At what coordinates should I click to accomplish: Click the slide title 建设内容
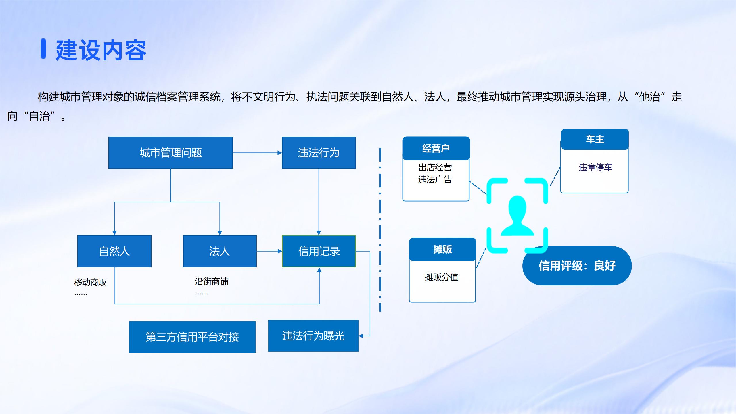coord(101,50)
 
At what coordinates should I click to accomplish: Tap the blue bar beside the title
coord(43,48)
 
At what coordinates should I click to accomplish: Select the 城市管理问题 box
coord(170,153)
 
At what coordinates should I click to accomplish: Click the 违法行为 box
coord(319,153)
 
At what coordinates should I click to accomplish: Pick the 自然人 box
coord(114,251)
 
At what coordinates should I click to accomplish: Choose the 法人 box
coord(220,251)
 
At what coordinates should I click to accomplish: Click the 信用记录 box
coord(319,251)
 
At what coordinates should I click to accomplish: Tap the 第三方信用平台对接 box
coord(192,337)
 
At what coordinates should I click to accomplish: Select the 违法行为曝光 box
coord(313,336)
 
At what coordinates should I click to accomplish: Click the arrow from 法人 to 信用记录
coord(269,251)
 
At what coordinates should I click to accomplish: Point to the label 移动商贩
coord(90,282)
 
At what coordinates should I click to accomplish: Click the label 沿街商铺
coord(212,281)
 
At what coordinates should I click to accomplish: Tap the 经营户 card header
coord(436,148)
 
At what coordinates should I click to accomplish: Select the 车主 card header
coord(595,139)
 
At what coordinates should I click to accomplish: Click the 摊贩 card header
coord(442,249)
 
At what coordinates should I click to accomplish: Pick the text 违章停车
coord(595,167)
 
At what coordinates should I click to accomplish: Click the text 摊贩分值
coord(441,277)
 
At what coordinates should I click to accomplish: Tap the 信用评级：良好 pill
coord(577,266)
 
